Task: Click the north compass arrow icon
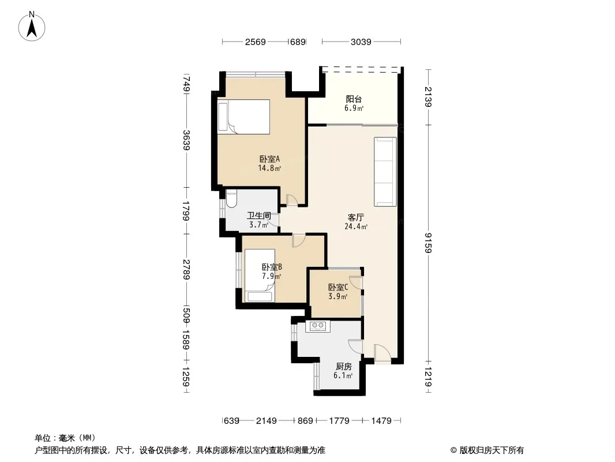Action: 32,27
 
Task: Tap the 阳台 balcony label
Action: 354,99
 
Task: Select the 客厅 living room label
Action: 356,218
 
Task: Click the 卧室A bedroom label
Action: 269,159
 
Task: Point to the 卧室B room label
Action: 272,267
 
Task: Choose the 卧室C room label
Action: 337,288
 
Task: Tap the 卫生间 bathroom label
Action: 259,215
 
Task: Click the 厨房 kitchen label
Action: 344,367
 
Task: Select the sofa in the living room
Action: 385,172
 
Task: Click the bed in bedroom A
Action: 243,117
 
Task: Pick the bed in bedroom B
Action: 259,276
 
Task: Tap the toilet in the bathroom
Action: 231,199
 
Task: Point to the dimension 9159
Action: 428,243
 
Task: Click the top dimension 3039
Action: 361,42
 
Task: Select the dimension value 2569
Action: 256,42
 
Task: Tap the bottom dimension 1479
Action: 381,421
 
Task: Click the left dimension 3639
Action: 186,140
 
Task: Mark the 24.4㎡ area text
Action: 356,226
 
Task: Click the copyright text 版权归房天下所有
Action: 492,450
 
